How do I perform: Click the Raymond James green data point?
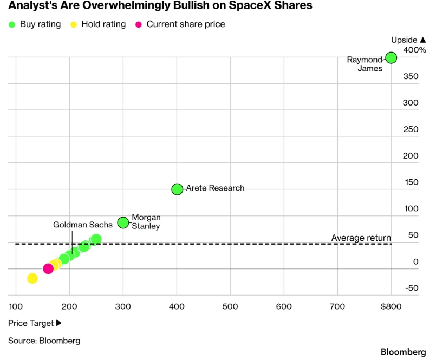click(391, 58)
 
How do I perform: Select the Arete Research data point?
click(177, 189)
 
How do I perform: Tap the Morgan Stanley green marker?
click(123, 222)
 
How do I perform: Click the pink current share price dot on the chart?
click(48, 269)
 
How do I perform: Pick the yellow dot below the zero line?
click(32, 278)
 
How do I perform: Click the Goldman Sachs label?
click(83, 225)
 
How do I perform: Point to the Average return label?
click(361, 238)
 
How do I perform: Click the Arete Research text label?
click(216, 188)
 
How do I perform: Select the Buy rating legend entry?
click(35, 24)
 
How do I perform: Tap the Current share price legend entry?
click(180, 24)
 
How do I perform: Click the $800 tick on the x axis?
click(391, 306)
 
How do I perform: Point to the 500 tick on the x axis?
click(230, 306)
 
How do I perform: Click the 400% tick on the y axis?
click(414, 50)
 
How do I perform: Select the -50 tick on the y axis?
click(412, 288)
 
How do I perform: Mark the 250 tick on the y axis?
click(411, 129)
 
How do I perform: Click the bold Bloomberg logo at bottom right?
click(404, 352)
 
